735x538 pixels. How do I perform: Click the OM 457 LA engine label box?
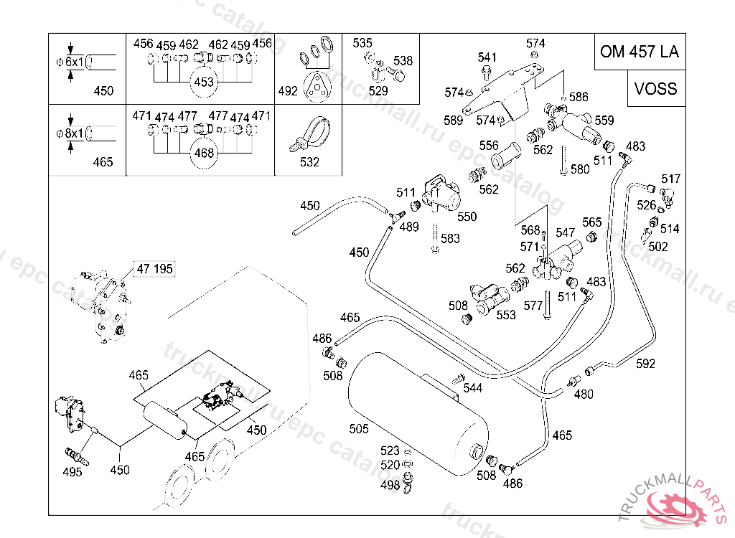(x=639, y=52)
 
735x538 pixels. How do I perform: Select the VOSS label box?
(x=655, y=88)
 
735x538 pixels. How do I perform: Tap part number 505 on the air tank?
(x=359, y=429)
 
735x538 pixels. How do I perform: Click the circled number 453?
(x=205, y=82)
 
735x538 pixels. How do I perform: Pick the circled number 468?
(x=205, y=152)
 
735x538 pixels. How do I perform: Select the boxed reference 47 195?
(x=155, y=269)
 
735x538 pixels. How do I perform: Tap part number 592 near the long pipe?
(x=645, y=364)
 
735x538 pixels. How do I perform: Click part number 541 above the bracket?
(x=487, y=57)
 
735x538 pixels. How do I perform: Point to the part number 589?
(x=453, y=121)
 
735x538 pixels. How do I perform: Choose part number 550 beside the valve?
(x=467, y=217)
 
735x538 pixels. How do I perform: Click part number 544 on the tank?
(x=472, y=388)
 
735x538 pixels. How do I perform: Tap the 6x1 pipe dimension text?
(x=75, y=62)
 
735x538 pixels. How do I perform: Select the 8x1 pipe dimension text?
(x=75, y=133)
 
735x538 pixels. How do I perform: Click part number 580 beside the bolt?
(x=579, y=170)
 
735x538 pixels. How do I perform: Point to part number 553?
(x=506, y=315)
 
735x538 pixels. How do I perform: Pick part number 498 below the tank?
(x=390, y=486)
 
